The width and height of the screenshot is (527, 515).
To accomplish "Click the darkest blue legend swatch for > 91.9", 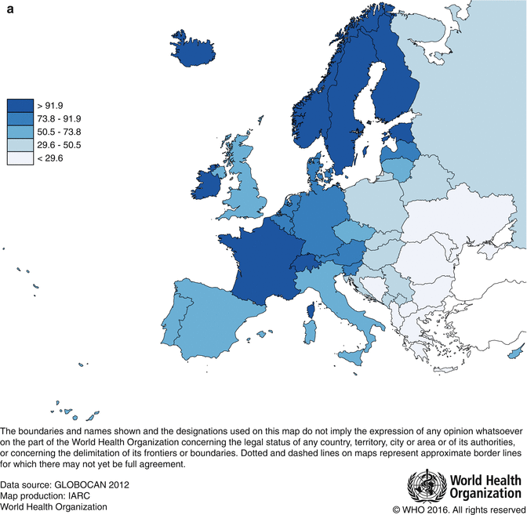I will (x=20, y=104).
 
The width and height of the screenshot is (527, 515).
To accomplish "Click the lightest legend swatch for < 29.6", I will (x=20, y=158).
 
